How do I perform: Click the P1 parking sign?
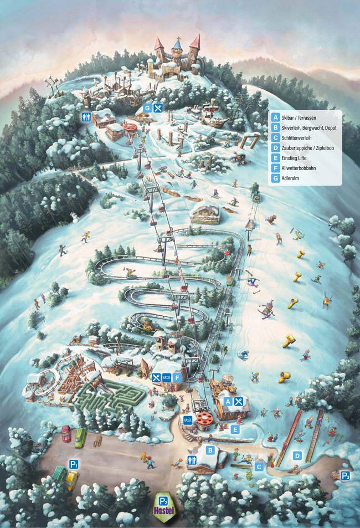73,464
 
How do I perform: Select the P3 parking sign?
345,475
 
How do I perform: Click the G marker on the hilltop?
147,108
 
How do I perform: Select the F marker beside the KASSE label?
176,377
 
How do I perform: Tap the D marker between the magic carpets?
297,456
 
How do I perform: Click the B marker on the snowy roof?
210,450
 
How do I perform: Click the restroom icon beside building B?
192,460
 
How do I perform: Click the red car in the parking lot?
66,433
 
